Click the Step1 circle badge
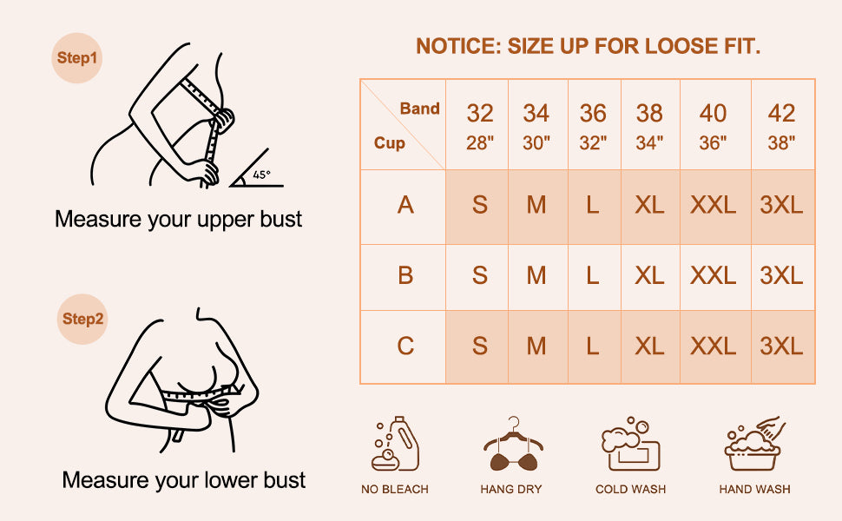[x=76, y=58]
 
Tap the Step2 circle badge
[x=82, y=319]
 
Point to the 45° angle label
[x=261, y=175]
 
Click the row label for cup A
[x=405, y=205]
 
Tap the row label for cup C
[x=405, y=346]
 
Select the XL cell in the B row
[x=649, y=275]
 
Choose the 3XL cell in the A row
[x=781, y=205]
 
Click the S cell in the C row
[x=479, y=346]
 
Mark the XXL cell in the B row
[x=714, y=275]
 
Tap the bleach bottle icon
[x=395, y=444]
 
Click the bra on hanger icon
[x=513, y=444]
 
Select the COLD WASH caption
[x=630, y=490]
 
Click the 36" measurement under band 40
[x=713, y=143]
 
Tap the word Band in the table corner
[x=419, y=109]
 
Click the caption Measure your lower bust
[x=184, y=479]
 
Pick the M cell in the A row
[x=536, y=205]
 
